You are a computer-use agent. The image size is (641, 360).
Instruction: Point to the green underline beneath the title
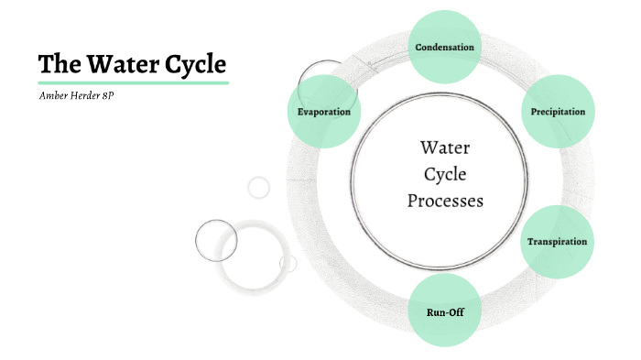click(x=133, y=82)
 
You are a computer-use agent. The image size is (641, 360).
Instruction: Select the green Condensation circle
click(x=444, y=47)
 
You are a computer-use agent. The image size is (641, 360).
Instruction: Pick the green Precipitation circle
click(x=558, y=112)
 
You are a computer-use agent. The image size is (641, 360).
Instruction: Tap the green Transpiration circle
click(x=557, y=242)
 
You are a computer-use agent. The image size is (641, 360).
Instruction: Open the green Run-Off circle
click(x=443, y=311)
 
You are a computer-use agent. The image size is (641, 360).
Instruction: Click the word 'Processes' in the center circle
click(x=444, y=201)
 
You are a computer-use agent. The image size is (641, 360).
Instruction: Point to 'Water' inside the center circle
click(x=444, y=147)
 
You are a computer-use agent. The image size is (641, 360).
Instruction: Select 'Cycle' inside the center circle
click(x=444, y=174)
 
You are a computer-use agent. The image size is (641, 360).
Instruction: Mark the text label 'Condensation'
click(x=444, y=47)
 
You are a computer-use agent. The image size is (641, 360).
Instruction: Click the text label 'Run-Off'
click(x=443, y=312)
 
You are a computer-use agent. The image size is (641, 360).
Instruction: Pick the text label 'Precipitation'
click(x=558, y=112)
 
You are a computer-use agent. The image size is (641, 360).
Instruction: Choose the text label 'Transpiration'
click(x=557, y=242)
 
